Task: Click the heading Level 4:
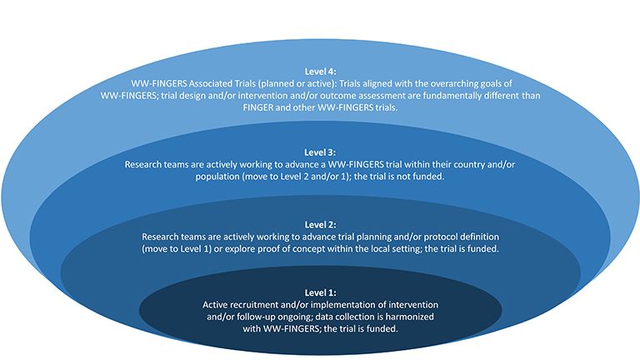pyautogui.click(x=320, y=72)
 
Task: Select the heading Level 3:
pyautogui.click(x=320, y=152)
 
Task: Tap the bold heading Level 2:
pyautogui.click(x=320, y=225)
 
